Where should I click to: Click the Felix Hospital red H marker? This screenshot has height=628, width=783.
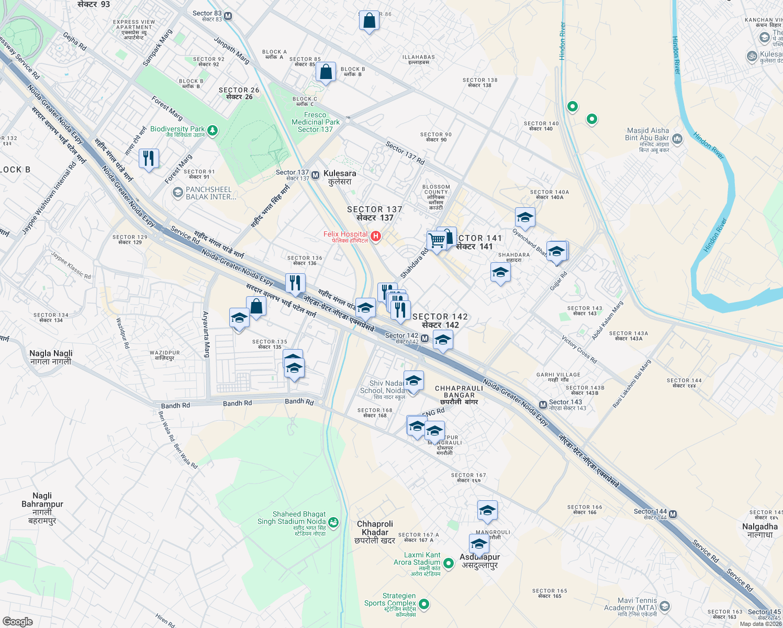coord(375,237)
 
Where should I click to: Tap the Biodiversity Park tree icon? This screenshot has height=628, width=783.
coord(212,130)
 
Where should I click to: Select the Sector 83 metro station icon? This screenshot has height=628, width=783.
coord(228,16)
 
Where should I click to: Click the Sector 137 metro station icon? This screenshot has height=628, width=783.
coord(315,175)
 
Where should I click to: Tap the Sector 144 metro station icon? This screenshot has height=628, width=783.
coord(673,514)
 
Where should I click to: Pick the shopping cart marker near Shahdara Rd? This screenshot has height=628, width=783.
coord(436,241)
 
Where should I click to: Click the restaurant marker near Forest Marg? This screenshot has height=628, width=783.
coord(149,158)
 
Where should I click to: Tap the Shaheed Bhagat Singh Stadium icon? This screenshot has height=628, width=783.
coord(333,522)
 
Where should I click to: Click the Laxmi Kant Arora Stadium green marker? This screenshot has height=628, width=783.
coord(448,564)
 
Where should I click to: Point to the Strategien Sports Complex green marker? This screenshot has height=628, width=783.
coord(424,604)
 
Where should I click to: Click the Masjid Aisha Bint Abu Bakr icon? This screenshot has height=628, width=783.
coord(677,139)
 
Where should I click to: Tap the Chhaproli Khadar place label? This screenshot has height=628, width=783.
coord(375,532)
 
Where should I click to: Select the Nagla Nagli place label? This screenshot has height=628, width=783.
coord(51,357)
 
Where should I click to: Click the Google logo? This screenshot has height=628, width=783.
coord(18,621)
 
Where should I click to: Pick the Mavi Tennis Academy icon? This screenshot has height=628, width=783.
coord(665,607)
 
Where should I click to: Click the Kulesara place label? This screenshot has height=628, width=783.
coord(340,177)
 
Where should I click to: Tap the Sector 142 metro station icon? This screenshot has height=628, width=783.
coord(424,339)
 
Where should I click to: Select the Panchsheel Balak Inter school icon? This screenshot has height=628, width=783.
coord(178,193)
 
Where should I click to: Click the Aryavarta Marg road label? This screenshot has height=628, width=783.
coord(206,335)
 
